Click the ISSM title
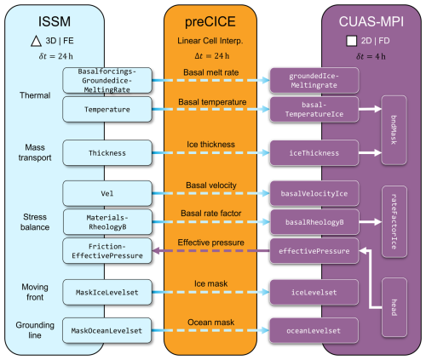tap(55, 21)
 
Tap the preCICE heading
tap(210, 22)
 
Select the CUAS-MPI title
tap(371, 21)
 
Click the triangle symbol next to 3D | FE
tap(36, 41)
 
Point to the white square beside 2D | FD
tap(351, 41)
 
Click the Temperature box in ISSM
tap(107, 110)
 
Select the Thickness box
tap(107, 153)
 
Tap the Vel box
tap(107, 193)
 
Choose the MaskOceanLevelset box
tap(106, 331)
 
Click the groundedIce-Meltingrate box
tap(314, 81)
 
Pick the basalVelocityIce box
tap(314, 193)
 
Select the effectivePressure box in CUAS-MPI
tap(314, 251)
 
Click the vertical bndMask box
tap(394, 130)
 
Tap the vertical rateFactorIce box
tap(394, 222)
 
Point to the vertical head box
tap(394, 308)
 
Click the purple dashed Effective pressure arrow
tap(211, 251)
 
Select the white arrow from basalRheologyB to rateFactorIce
tap(371, 222)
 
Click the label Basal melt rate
tap(211, 72)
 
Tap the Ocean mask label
tap(211, 323)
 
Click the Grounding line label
tap(35, 330)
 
